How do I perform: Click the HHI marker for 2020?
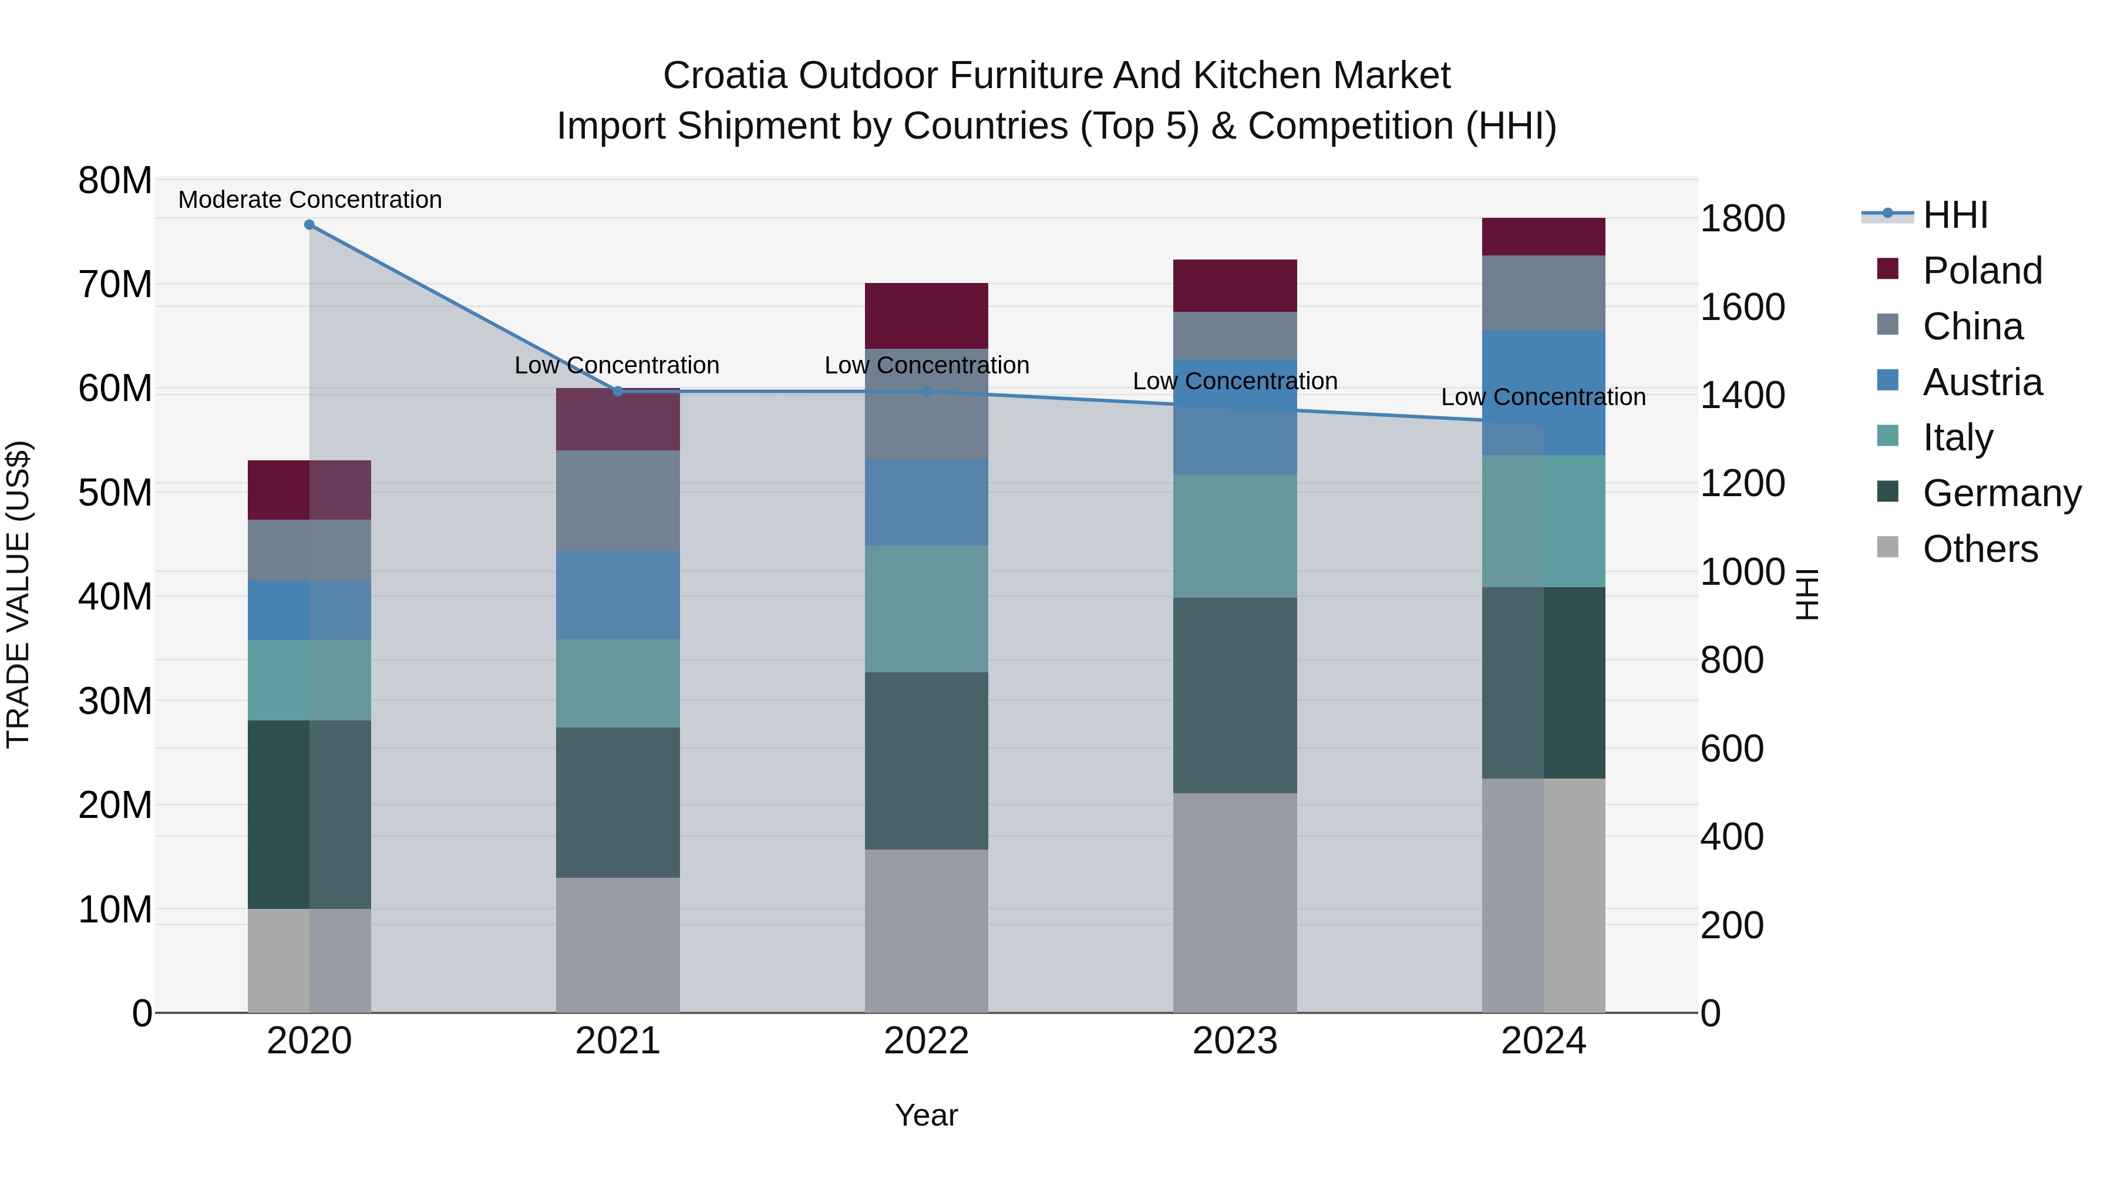(x=309, y=225)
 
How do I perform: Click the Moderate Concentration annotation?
(x=309, y=200)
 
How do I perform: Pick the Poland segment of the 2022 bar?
(x=927, y=316)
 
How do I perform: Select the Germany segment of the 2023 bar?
(x=1235, y=695)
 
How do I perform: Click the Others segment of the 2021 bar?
(x=618, y=945)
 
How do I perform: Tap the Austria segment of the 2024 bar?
(x=1544, y=392)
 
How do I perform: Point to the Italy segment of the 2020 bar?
(x=309, y=681)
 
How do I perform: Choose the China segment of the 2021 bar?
(x=618, y=500)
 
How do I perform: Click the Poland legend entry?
(x=1982, y=271)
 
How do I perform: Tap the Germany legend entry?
(x=2001, y=493)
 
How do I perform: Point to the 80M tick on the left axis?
(x=115, y=180)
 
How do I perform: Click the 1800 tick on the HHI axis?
(x=1742, y=219)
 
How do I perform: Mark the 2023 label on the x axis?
(x=1235, y=1041)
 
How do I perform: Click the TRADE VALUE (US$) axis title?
(x=19, y=594)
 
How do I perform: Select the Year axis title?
(x=927, y=1115)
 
